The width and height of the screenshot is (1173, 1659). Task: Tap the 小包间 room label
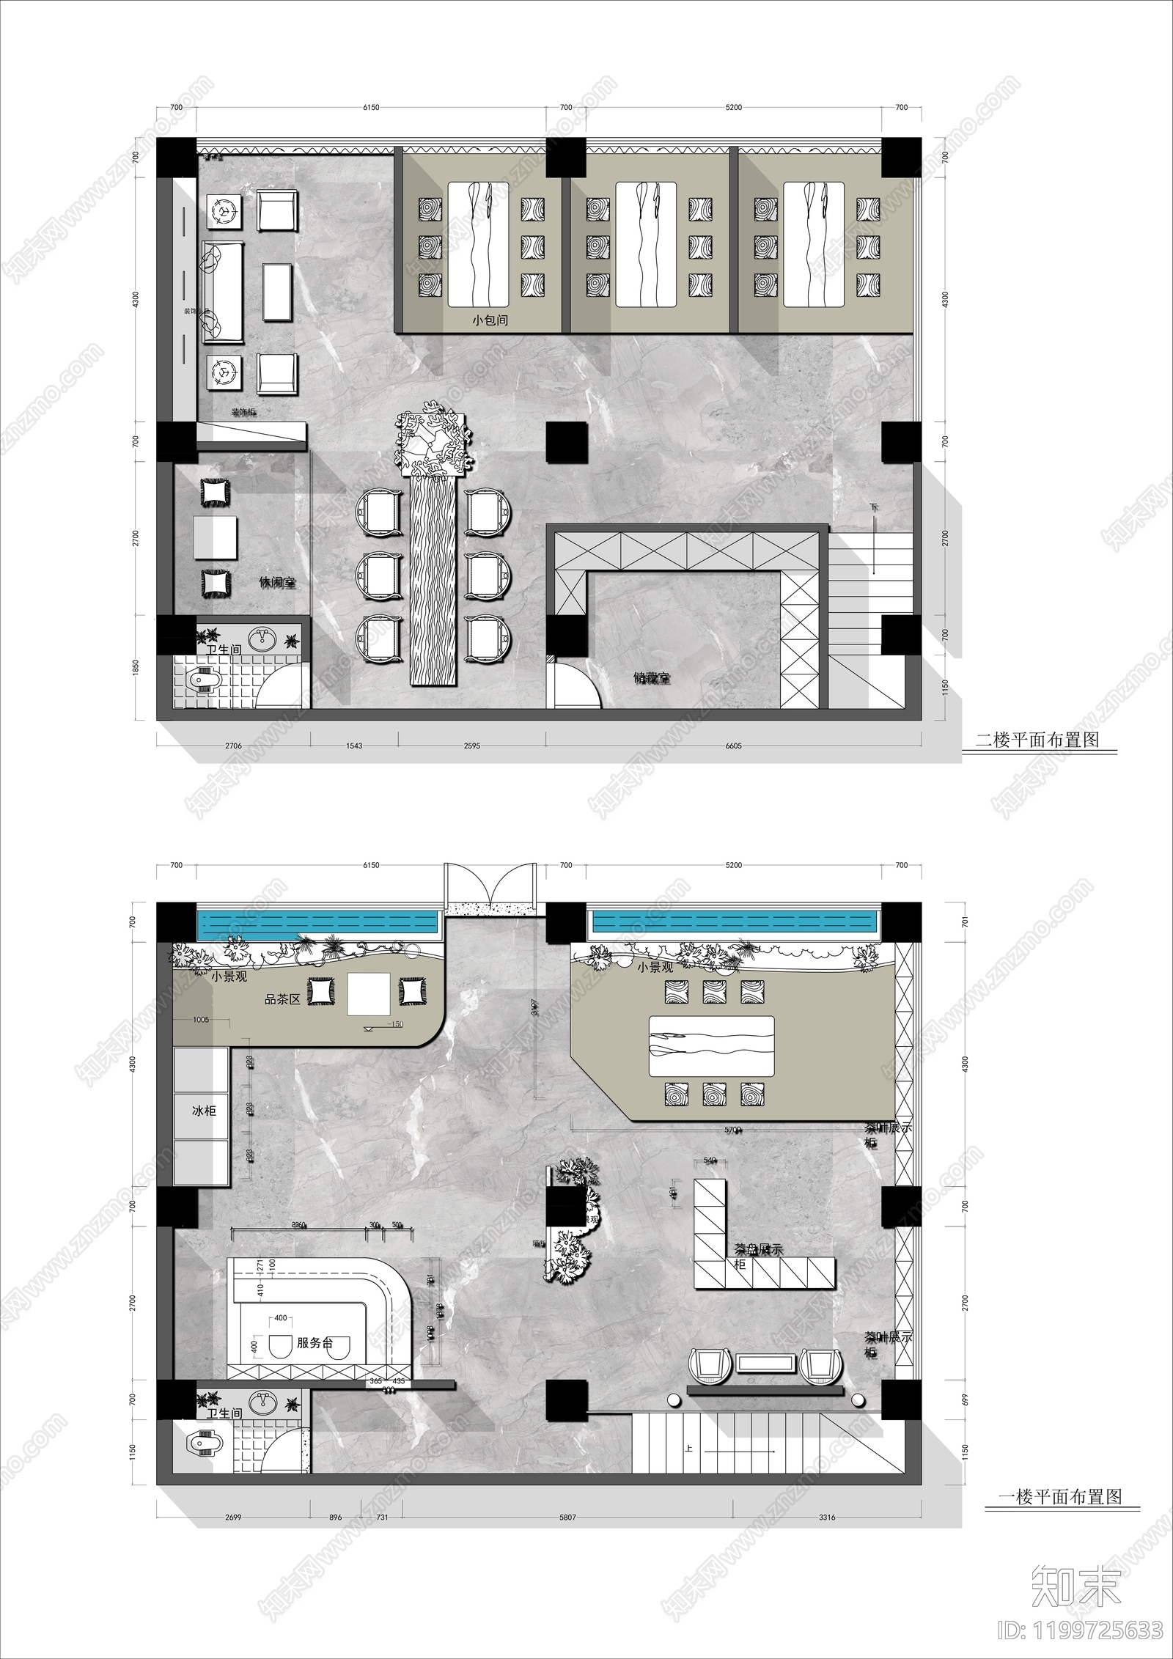(x=490, y=320)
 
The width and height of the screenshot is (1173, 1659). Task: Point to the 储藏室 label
(x=652, y=678)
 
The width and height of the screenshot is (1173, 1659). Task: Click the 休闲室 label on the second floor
(x=277, y=583)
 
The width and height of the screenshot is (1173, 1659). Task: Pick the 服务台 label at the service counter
(x=315, y=1343)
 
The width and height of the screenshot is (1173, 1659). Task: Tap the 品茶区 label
(x=282, y=999)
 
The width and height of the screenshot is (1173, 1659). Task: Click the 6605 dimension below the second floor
(x=733, y=746)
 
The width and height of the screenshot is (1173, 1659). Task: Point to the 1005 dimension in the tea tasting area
(x=201, y=1020)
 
